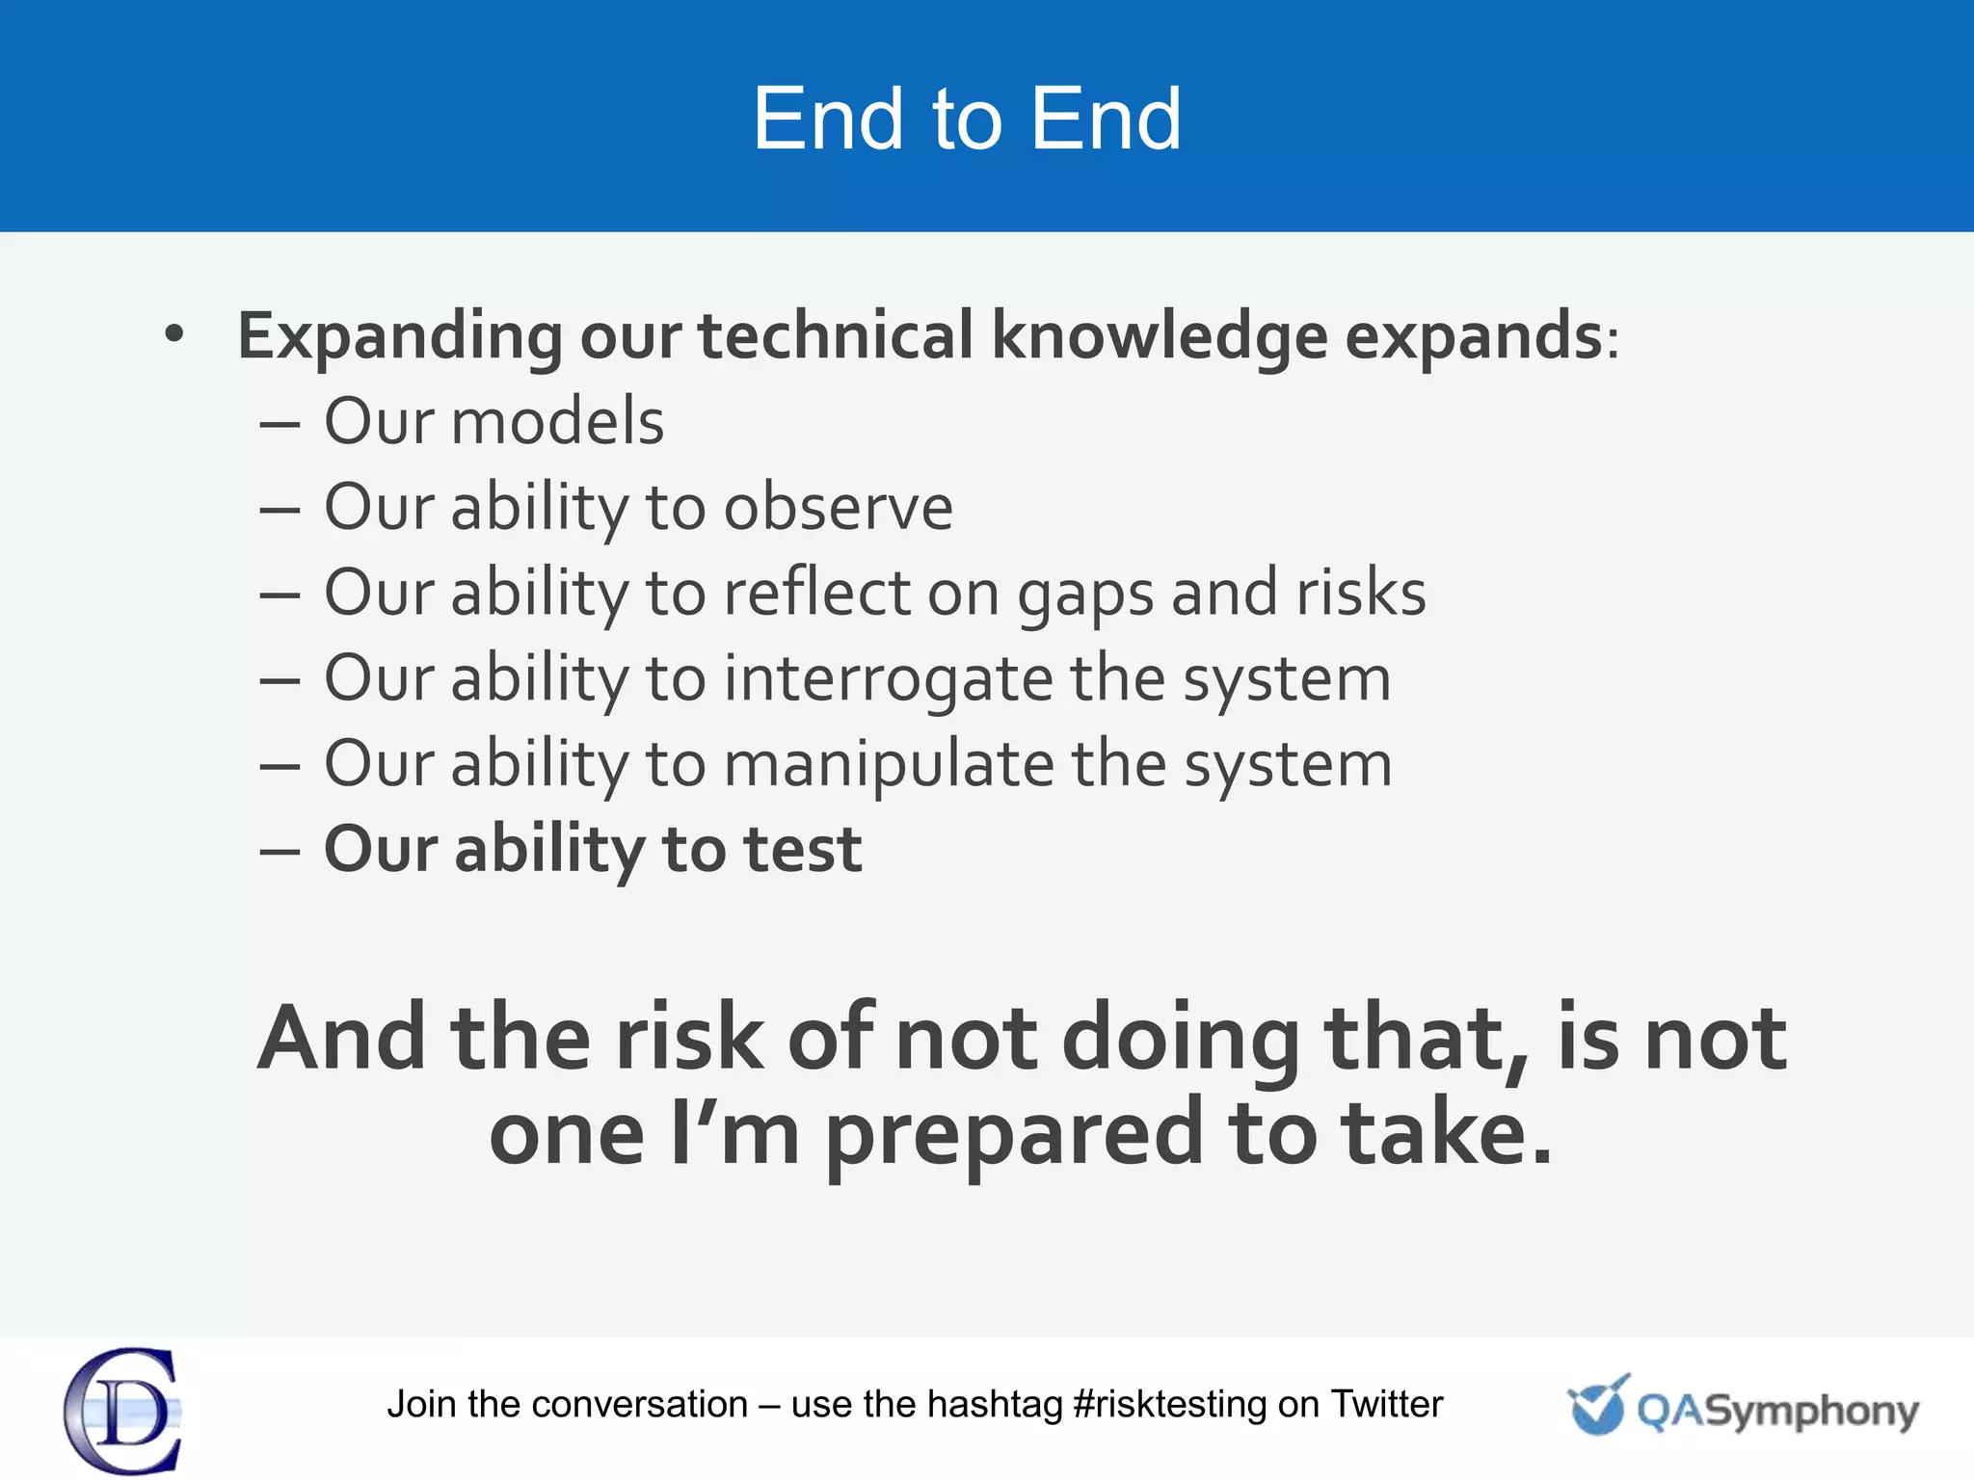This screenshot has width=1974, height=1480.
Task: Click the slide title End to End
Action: point(967,119)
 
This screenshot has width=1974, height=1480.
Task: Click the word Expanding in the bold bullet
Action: point(399,337)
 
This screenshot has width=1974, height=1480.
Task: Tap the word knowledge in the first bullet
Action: point(1160,337)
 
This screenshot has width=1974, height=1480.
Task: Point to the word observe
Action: point(838,508)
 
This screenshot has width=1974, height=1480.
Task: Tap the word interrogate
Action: point(888,678)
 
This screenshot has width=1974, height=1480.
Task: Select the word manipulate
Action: point(889,764)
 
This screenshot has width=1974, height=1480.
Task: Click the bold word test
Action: point(802,850)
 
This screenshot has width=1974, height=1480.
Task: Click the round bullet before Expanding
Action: point(173,334)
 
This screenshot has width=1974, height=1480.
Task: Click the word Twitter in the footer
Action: point(1386,1405)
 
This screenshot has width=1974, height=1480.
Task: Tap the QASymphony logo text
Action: point(1777,1411)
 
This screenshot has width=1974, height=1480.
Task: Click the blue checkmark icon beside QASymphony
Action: point(1597,1405)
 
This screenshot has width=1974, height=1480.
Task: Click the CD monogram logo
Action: point(123,1411)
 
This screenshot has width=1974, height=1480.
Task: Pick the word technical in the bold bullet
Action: point(836,337)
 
